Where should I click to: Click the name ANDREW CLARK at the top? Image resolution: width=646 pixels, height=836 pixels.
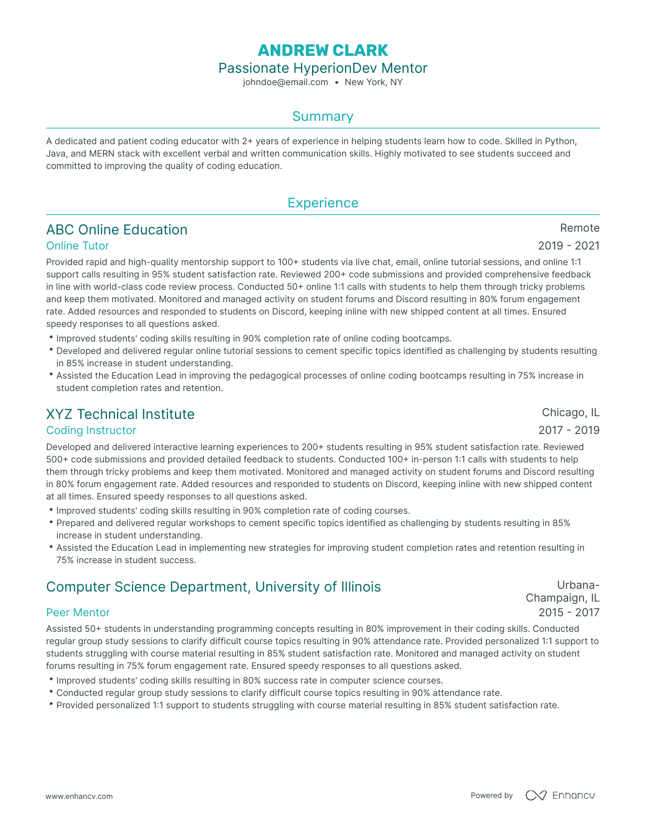point(323,50)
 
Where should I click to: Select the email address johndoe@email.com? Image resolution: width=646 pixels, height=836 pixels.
point(285,82)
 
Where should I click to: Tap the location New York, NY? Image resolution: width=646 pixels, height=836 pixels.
point(373,82)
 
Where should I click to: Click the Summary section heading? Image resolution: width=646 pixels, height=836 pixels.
point(323,116)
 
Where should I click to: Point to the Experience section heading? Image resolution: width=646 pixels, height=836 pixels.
point(323,203)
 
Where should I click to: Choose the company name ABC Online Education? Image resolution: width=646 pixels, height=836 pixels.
point(117,229)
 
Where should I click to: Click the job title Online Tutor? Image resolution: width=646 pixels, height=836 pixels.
point(77,246)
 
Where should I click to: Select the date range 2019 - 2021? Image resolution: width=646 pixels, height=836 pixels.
point(569,246)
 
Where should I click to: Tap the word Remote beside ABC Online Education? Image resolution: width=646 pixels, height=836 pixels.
point(580,228)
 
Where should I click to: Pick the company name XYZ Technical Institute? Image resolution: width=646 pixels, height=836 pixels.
point(120,414)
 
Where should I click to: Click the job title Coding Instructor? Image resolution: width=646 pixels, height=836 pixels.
point(91,430)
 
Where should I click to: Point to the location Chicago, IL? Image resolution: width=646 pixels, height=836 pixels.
point(570,413)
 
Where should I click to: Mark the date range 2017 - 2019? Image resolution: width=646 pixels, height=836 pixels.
point(569,430)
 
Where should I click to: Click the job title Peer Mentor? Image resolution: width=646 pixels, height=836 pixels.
point(78,613)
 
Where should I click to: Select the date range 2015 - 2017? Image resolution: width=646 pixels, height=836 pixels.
point(569,613)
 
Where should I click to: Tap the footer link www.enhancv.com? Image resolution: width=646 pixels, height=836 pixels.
point(79,796)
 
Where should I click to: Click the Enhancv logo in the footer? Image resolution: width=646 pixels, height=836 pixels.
point(560,795)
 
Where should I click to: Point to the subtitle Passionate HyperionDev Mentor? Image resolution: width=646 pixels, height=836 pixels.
point(323,68)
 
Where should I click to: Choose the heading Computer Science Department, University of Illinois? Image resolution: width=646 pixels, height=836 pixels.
point(214,586)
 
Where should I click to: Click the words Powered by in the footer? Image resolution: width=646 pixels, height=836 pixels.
point(492,795)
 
